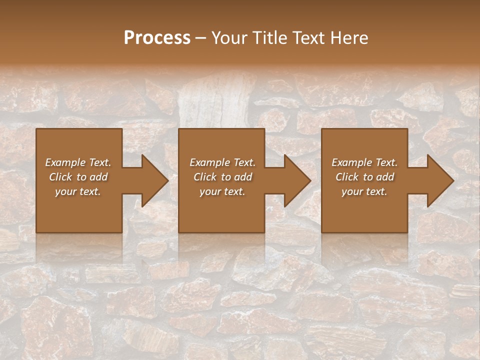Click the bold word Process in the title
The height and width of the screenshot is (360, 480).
point(157,38)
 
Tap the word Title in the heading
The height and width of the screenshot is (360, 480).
point(268,38)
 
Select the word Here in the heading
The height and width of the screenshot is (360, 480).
point(349,38)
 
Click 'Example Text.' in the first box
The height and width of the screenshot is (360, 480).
point(78,162)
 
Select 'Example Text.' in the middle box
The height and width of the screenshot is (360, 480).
point(222,162)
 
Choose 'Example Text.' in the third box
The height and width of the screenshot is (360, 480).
point(364,162)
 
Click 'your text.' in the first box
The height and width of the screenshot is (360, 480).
point(78,191)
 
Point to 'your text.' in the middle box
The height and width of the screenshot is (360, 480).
point(222,191)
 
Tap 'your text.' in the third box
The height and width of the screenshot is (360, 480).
point(364,191)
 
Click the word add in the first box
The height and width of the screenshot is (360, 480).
point(99,177)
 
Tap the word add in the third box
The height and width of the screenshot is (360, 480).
point(385,177)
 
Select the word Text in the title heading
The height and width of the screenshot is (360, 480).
point(309,38)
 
